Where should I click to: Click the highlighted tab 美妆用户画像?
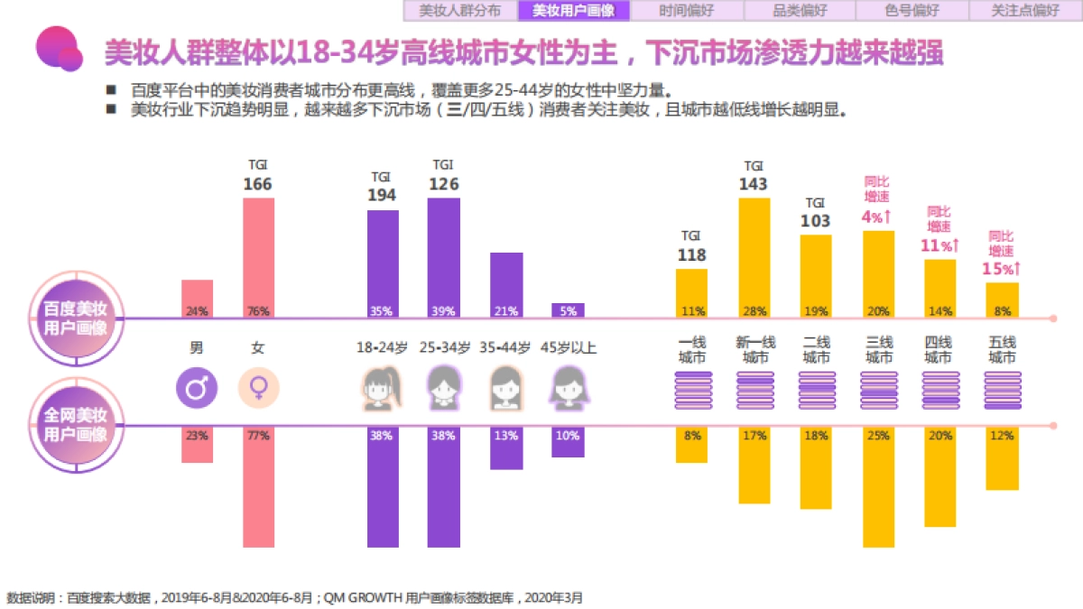[573, 11]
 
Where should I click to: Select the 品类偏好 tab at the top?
[800, 11]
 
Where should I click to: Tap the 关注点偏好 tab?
[1025, 11]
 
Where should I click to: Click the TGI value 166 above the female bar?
[257, 184]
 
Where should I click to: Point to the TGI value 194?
[382, 195]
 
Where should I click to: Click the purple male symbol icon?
[197, 389]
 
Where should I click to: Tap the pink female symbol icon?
[258, 389]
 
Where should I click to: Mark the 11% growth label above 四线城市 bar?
[940, 245]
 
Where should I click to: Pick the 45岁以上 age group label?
[568, 346]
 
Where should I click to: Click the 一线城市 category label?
[692, 350]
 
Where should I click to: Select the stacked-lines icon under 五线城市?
[1002, 391]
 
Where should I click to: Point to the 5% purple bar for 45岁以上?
[568, 310]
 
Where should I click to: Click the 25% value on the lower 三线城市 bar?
[878, 436]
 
